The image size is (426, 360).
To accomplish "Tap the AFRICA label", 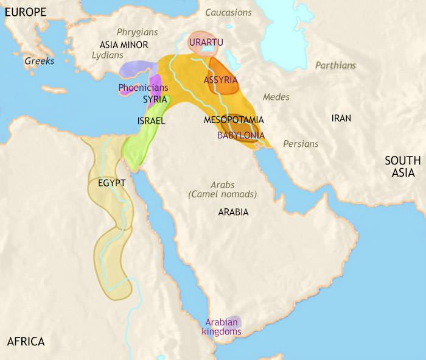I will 26,341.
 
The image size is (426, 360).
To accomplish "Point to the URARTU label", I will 206,42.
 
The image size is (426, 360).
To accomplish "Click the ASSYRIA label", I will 221,80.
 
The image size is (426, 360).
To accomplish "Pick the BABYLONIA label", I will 241,135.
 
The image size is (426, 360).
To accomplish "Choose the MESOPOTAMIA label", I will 234,120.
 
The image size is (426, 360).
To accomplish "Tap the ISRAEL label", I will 152,121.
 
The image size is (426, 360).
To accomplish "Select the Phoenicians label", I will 143,88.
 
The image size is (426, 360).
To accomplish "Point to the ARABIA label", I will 233,213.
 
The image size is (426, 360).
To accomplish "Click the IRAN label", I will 341,118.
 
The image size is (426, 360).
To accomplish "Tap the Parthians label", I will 335,65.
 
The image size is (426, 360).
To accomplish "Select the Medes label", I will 276,97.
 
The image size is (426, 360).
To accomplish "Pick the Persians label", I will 301,144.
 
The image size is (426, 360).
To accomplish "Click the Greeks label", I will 40,61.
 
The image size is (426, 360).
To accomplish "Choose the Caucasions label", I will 228,12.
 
